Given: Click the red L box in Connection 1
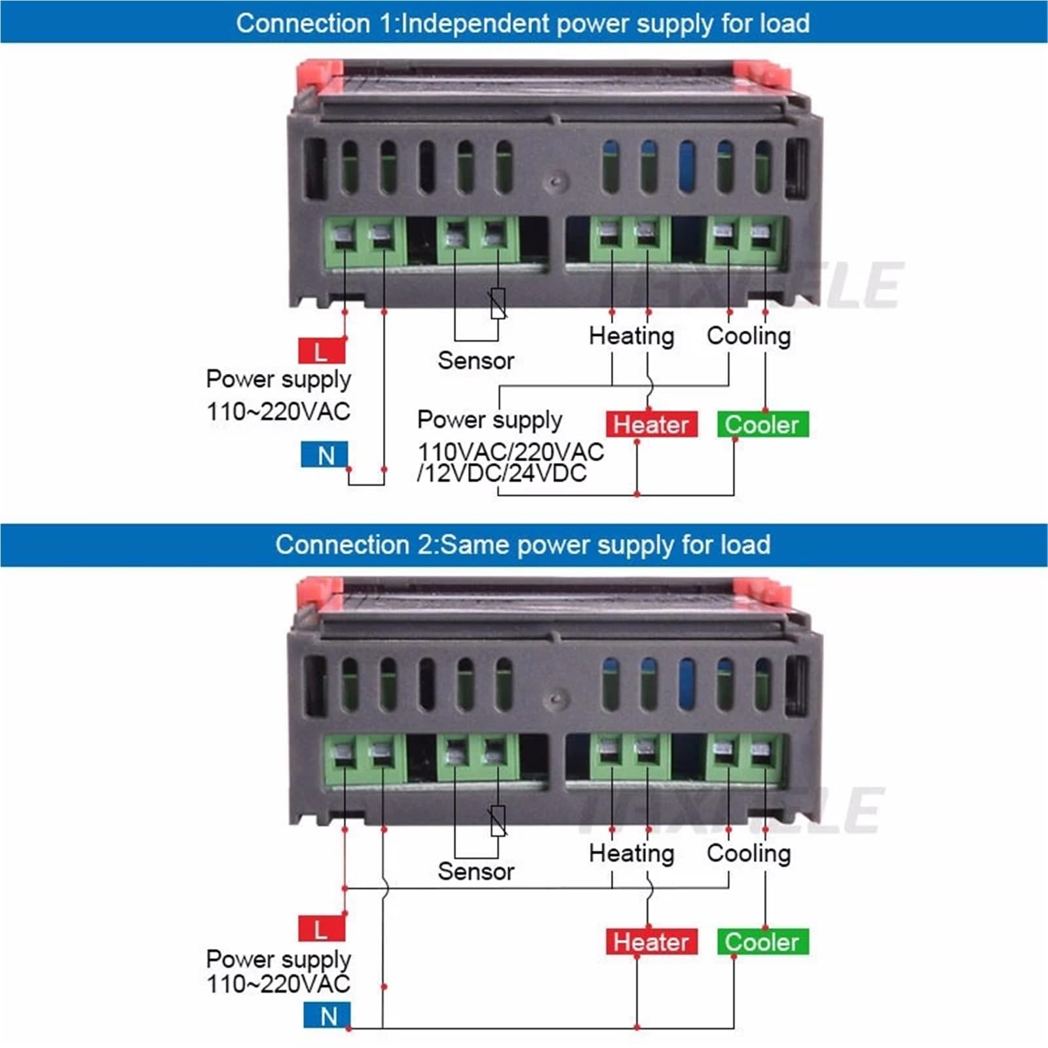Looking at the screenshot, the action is click(x=322, y=351).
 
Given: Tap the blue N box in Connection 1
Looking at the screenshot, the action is click(x=324, y=455).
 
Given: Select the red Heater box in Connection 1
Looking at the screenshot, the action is click(x=651, y=424).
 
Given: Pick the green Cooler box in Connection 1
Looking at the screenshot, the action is click(x=762, y=424).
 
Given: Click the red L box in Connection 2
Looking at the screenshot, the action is click(x=322, y=928).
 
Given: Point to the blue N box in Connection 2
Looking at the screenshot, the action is click(x=327, y=1016).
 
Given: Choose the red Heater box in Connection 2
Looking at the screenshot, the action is click(x=651, y=942).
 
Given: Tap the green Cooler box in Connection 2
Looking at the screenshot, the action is click(x=762, y=942).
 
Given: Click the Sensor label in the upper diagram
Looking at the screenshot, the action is click(x=476, y=360).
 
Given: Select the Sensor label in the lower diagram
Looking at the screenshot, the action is click(x=476, y=871).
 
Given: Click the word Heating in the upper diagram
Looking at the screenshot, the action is click(x=631, y=336).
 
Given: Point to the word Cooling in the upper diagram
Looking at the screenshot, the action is click(x=749, y=336).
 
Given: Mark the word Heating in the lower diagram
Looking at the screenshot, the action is click(x=631, y=853).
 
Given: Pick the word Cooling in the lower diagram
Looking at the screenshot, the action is click(x=749, y=853).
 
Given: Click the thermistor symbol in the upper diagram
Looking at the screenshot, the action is click(x=498, y=303).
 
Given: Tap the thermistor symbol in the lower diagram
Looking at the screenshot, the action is click(x=498, y=821).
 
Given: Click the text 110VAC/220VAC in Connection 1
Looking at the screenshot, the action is click(x=511, y=451).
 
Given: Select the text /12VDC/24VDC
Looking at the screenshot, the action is click(x=502, y=473).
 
